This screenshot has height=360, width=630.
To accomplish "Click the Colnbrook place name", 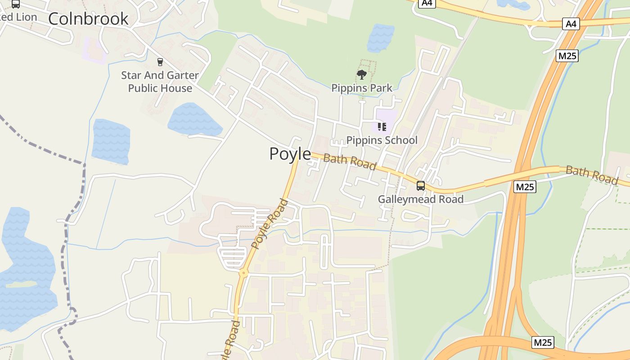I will tap(88, 19).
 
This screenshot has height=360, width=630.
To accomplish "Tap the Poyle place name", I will tap(290, 154).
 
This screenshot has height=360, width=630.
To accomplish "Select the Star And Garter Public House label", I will tap(160, 81).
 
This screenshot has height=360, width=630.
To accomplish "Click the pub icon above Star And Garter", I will tap(160, 62).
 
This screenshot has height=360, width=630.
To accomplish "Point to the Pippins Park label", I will tap(362, 88).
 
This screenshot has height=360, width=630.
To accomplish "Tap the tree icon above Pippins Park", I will tap(361, 75).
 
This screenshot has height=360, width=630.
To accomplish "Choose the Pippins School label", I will tap(382, 140).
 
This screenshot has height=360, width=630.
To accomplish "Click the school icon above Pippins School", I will tap(382, 127).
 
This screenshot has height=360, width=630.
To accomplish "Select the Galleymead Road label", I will tap(420, 199).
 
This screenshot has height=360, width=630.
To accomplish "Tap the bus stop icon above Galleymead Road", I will tap(420, 185).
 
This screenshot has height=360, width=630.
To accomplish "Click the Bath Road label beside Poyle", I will tap(350, 162).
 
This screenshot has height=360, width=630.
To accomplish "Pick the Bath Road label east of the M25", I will tap(591, 175).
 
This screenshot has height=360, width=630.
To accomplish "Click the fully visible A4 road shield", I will tap(571, 24).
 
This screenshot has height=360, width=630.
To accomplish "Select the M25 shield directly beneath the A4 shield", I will tap(567, 56).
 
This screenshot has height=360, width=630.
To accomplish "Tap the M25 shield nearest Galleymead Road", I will tap(525, 186).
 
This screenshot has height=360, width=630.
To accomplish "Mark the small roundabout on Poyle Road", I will tap(243, 272).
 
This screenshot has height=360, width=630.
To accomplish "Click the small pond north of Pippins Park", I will tap(380, 38).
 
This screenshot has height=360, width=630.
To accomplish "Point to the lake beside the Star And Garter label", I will tap(194, 120).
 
